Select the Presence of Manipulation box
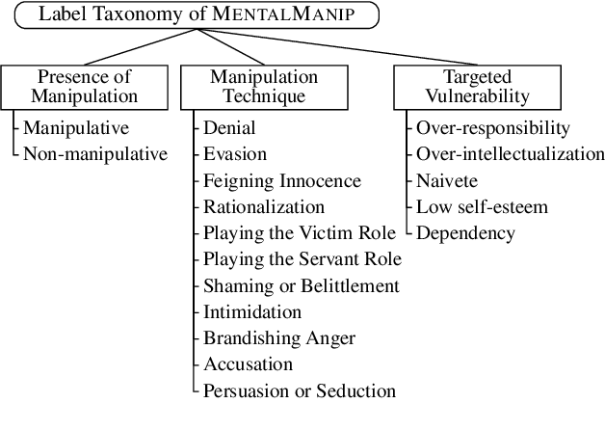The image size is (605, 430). tap(84, 86)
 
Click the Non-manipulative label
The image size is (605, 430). tap(94, 153)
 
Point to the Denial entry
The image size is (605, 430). tap(227, 127)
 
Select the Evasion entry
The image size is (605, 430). tap(235, 153)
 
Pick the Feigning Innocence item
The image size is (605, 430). tap(281, 180)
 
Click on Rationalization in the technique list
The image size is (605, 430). tap(264, 206)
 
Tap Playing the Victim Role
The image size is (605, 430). tap(299, 232)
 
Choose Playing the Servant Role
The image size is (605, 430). tap(302, 259)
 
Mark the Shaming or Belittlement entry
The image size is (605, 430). tap(301, 285)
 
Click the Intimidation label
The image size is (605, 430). tap(252, 311)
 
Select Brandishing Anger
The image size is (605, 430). tap(279, 337)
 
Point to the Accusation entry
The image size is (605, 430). tap(249, 364)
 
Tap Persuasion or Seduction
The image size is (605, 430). tap(300, 390)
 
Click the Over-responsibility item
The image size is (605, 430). tap(493, 127)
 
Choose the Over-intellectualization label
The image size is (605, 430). tap(510, 153)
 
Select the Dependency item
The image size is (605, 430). tap(465, 232)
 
